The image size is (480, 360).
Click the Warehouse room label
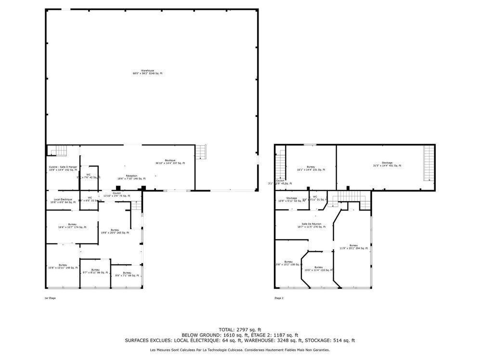147,72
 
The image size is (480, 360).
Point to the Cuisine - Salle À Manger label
63,168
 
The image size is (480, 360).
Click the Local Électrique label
63,201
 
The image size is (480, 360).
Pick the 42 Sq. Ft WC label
89,176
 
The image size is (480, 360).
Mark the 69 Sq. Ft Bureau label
127,274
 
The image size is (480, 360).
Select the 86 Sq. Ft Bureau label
95,271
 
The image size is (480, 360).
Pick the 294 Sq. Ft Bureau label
353,246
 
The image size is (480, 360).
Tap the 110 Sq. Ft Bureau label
318,269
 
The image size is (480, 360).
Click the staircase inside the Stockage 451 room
428,163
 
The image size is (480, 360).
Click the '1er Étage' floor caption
50,298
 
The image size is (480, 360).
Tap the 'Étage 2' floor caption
279,298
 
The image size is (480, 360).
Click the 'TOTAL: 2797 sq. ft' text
239,329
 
